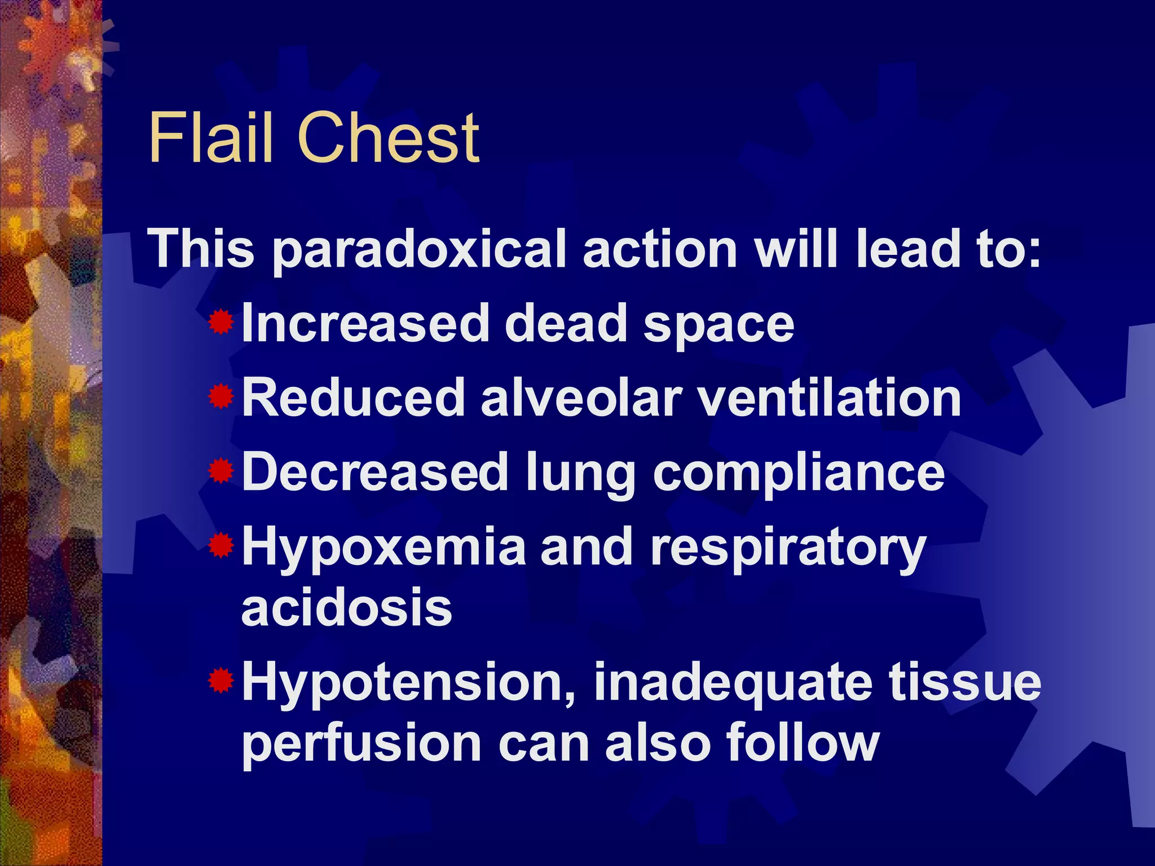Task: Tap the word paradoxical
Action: (419, 250)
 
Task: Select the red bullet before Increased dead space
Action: (221, 322)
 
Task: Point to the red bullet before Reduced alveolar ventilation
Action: (221, 397)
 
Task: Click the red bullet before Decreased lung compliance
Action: (221, 471)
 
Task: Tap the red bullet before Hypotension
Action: (221, 681)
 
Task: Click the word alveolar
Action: (580, 398)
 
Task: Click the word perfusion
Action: (362, 744)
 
